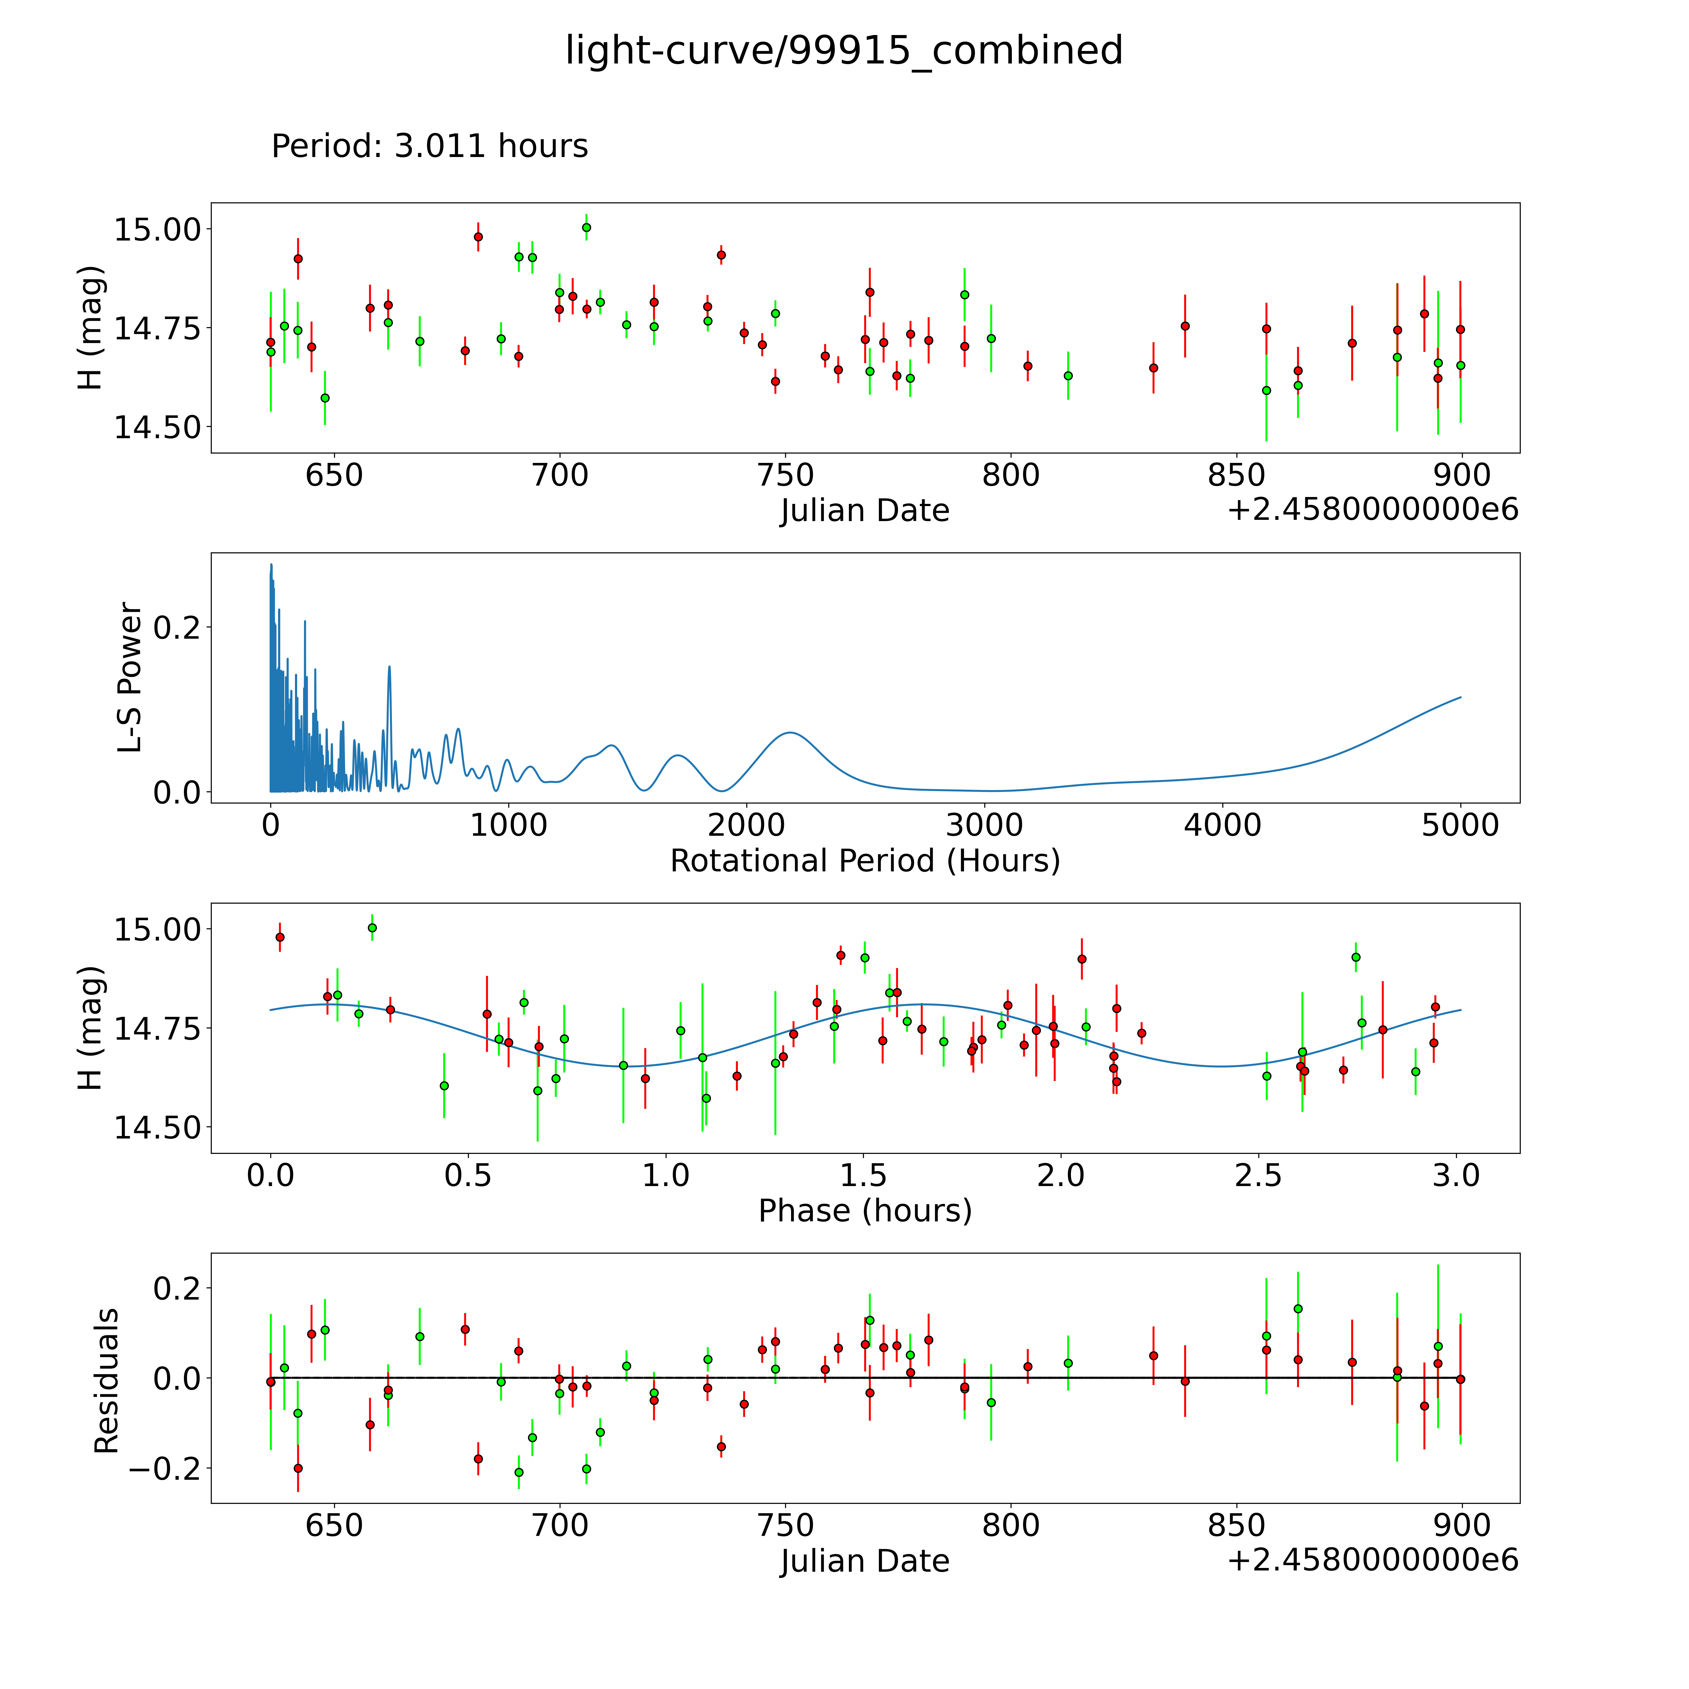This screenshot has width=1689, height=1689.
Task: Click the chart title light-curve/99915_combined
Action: pyautogui.click(x=844, y=51)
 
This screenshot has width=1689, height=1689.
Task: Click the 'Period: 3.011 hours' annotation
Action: pyautogui.click(x=429, y=146)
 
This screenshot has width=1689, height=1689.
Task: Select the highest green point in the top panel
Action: pyautogui.click(x=586, y=227)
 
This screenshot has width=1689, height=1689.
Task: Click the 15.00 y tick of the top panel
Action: pyautogui.click(x=157, y=230)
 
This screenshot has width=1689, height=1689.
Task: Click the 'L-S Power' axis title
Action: pyautogui.click(x=129, y=677)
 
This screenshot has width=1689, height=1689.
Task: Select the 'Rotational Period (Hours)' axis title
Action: pyautogui.click(x=865, y=861)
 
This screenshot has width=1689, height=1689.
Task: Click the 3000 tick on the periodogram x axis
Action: pyautogui.click(x=984, y=825)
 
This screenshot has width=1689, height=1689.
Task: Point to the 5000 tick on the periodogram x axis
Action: pyautogui.click(x=1460, y=825)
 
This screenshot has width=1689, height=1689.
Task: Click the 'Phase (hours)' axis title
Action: pyautogui.click(x=865, y=1211)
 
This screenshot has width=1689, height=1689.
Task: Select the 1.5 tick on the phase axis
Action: pyautogui.click(x=864, y=1175)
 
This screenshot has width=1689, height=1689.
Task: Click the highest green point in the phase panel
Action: pyautogui.click(x=373, y=928)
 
